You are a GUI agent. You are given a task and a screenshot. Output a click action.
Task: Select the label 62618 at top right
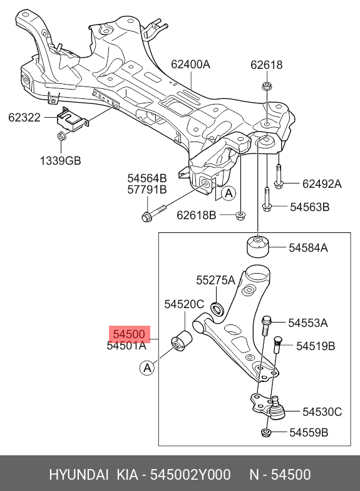(267, 65)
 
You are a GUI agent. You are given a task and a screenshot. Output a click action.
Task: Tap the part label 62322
(24, 117)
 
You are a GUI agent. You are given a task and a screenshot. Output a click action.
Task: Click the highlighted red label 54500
(128, 334)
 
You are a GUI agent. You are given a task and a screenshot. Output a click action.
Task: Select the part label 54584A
(308, 247)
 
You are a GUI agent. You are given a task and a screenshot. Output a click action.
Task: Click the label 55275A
(215, 280)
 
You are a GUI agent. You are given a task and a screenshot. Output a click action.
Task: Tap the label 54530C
(322, 411)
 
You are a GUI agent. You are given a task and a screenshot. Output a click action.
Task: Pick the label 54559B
(308, 433)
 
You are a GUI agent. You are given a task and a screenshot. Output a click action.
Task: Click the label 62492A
(322, 183)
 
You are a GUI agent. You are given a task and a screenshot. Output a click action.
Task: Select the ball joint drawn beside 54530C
(274, 411)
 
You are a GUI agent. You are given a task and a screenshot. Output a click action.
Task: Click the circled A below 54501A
(147, 368)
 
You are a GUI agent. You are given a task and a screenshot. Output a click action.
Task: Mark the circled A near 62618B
(229, 194)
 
